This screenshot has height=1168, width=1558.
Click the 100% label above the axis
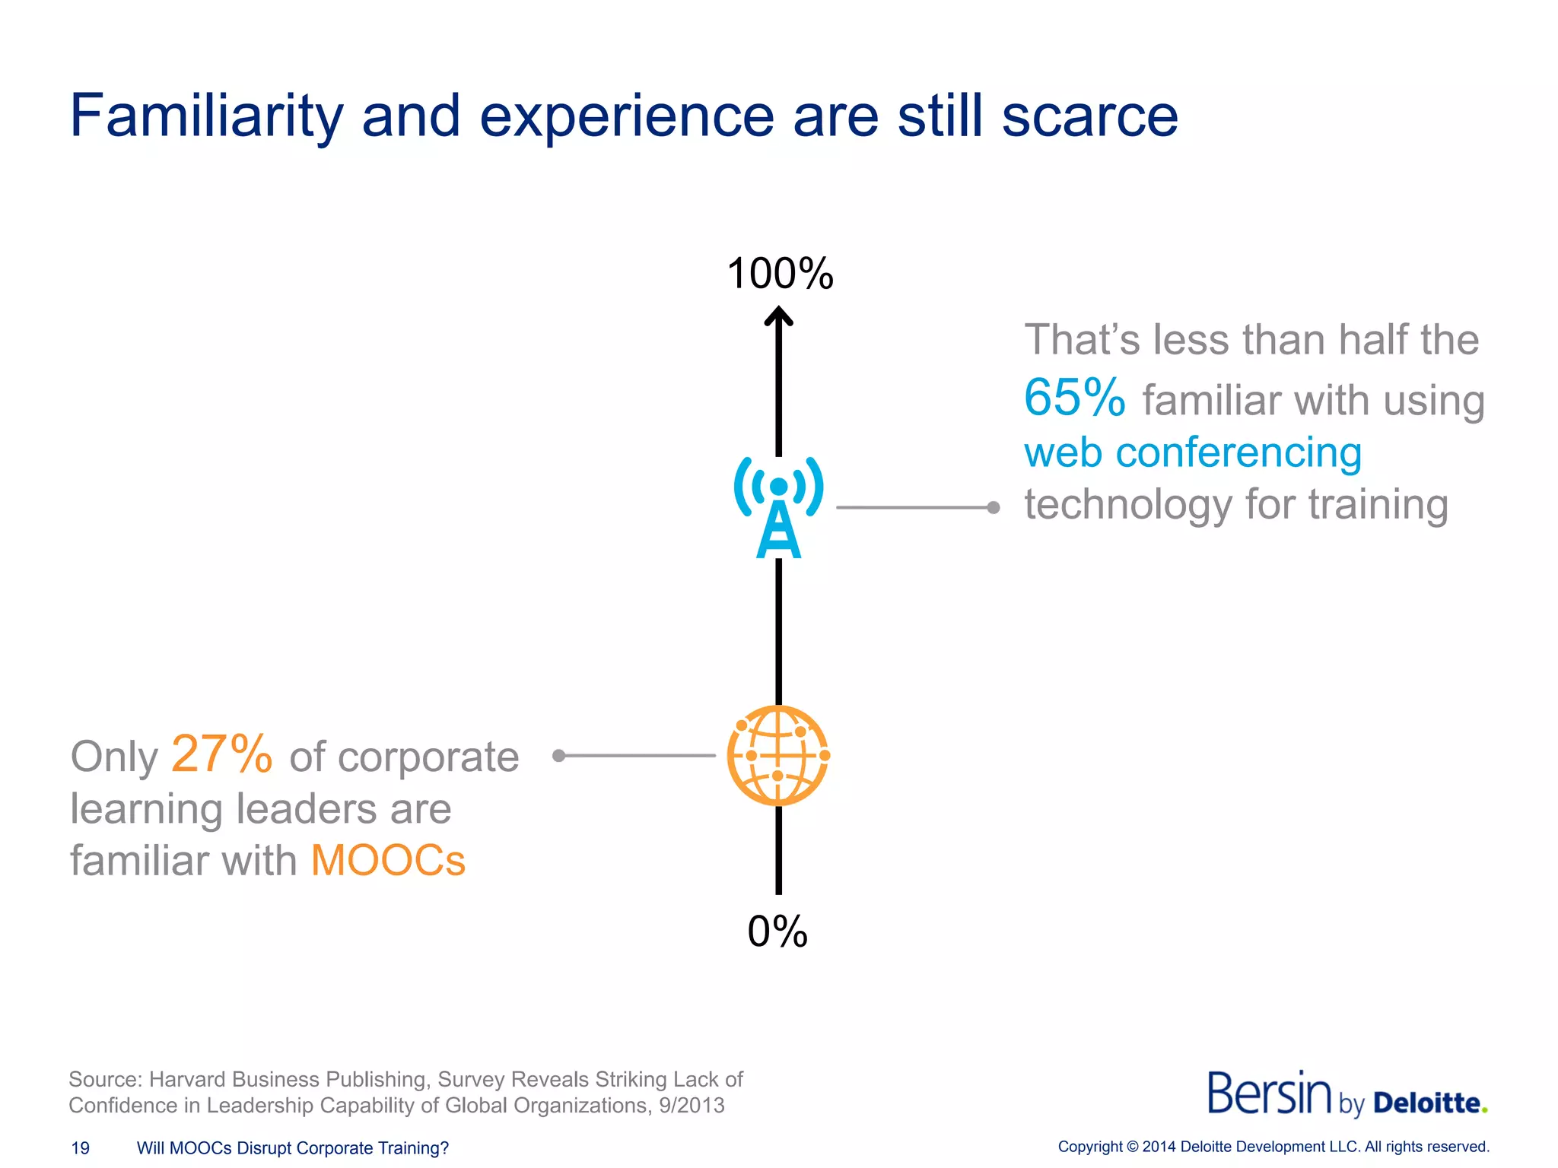(x=780, y=274)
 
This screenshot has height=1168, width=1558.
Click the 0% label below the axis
(x=777, y=932)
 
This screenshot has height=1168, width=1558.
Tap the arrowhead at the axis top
(x=778, y=315)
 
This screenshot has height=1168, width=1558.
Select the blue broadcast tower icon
(x=778, y=507)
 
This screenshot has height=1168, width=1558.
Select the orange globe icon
(x=778, y=755)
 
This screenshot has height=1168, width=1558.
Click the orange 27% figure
(x=221, y=754)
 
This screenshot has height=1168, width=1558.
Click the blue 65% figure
(x=1073, y=398)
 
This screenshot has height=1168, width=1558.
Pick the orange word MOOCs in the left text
(x=388, y=861)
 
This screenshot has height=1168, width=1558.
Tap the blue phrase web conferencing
(x=1192, y=452)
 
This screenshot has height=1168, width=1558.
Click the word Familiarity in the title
(x=206, y=116)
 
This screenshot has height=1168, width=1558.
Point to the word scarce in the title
(x=1089, y=116)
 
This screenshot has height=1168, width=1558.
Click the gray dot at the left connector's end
(x=559, y=755)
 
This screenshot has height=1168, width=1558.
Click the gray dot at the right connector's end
(x=994, y=507)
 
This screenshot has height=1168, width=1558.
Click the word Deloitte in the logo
(x=1430, y=1103)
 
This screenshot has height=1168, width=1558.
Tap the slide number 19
(x=80, y=1148)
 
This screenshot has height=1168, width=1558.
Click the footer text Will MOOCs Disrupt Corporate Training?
(x=293, y=1148)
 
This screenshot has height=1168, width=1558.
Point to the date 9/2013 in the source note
(x=692, y=1106)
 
